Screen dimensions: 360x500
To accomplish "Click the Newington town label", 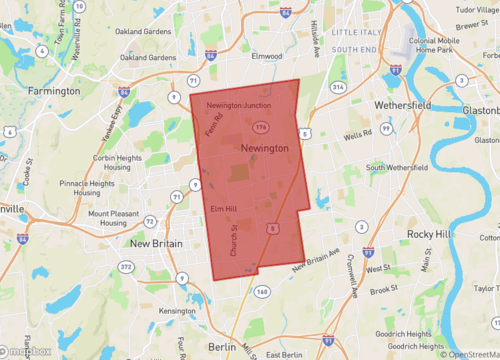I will coord(265,148).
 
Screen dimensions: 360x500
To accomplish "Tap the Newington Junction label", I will coord(238,105).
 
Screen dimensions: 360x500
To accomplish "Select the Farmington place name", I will coord(48,89).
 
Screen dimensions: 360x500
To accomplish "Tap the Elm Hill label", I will coord(224,208).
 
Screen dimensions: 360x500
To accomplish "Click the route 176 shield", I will coord(260,127).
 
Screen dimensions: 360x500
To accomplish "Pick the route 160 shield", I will coord(262,291).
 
